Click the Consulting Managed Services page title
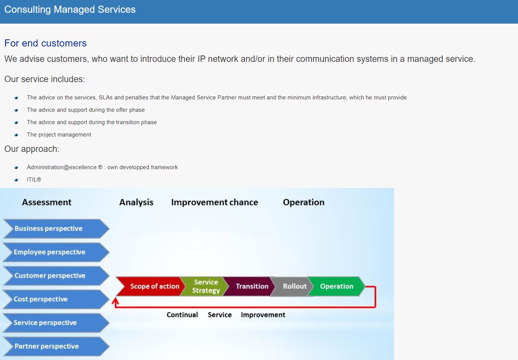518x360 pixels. tap(70, 9)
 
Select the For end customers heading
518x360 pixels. tap(45, 43)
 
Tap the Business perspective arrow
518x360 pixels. tap(56, 229)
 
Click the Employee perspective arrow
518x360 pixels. tap(56, 252)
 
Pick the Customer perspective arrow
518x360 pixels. tap(56, 276)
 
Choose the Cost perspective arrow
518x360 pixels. tap(56, 299)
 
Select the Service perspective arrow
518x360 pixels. tap(56, 323)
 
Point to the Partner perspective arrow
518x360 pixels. tap(56, 346)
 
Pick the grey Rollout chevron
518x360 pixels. tap(292, 286)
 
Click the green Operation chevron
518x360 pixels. tap(337, 286)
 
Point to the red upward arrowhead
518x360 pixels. tap(115, 301)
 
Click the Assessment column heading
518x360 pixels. tap(47, 202)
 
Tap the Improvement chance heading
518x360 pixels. tap(215, 202)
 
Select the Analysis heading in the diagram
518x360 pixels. tap(136, 202)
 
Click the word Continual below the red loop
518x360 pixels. tap(182, 315)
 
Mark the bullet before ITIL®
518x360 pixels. tap(16, 180)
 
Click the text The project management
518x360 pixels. tap(59, 135)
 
